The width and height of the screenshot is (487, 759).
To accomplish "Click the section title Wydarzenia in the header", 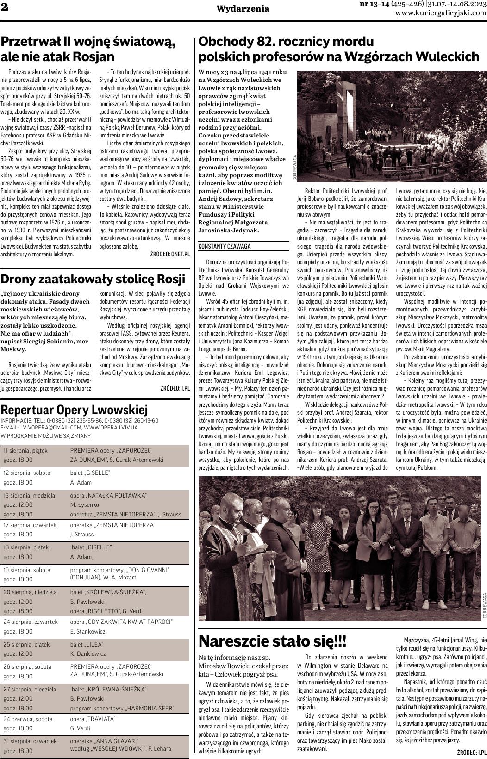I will [243, 8].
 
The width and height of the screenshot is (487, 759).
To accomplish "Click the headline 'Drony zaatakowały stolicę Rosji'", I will [93, 279].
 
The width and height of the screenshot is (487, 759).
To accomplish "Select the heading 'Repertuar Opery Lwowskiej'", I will [75, 410].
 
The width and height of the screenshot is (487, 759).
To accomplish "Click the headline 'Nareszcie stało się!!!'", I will [272, 641].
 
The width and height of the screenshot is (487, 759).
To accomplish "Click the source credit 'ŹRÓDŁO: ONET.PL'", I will [170, 254].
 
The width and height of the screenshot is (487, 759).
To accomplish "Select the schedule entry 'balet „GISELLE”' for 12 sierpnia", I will [90, 473].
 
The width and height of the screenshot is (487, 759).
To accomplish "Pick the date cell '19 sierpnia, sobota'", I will [27, 570].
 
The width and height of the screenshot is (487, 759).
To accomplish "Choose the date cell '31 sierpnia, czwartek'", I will [30, 740].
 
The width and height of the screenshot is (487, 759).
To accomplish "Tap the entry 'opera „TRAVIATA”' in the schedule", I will [93, 719].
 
